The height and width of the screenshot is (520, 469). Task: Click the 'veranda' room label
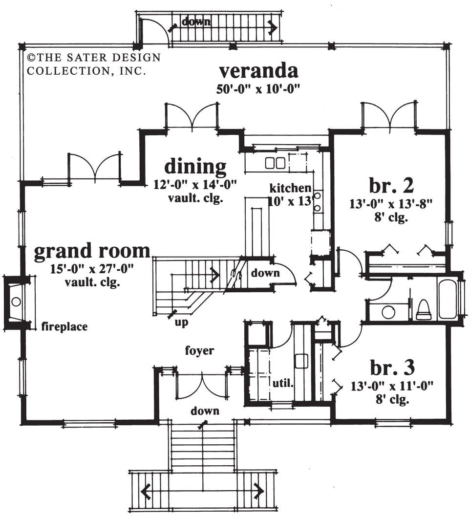click(x=258, y=71)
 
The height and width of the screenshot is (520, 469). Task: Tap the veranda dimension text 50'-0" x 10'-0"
click(x=258, y=89)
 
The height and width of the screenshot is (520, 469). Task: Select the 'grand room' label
click(x=92, y=251)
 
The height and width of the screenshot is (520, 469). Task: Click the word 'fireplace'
click(x=64, y=326)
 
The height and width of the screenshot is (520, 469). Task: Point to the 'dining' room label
click(x=195, y=166)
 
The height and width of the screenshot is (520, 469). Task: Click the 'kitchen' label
click(x=291, y=188)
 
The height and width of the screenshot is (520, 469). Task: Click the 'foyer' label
click(x=200, y=350)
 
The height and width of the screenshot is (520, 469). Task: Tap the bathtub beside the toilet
click(x=447, y=298)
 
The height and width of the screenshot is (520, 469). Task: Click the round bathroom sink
click(x=389, y=311)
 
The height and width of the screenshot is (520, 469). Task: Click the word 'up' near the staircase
click(x=181, y=323)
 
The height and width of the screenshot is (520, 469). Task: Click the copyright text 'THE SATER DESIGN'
click(x=93, y=58)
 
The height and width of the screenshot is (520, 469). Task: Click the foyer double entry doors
click(x=201, y=384)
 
